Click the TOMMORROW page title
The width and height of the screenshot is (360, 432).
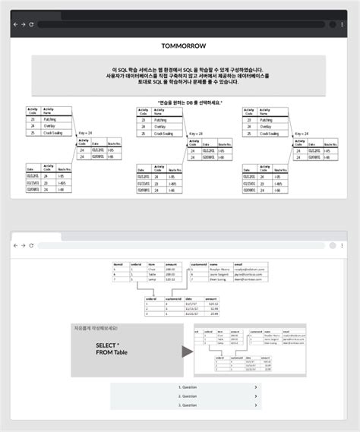coord(179,46)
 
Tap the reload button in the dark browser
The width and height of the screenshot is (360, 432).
coord(32,24)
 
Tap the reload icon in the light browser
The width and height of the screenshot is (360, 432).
coord(32,246)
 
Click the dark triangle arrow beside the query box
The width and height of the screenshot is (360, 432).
coord(187,352)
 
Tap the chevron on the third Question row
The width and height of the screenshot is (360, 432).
coord(256,405)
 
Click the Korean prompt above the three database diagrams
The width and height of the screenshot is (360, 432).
coord(179,102)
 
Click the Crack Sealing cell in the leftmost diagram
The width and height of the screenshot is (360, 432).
coord(55,133)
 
